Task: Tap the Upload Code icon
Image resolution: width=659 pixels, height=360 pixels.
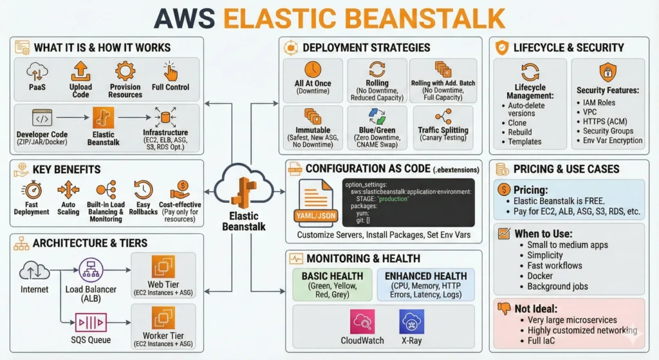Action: pyautogui.click(x=80, y=71)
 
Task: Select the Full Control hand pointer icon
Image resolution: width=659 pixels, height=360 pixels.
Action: pyautogui.click(x=170, y=71)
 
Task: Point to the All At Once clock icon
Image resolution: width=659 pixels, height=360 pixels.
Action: pyautogui.click(x=313, y=70)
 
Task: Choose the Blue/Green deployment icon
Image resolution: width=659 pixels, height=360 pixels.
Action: pyautogui.click(x=376, y=117)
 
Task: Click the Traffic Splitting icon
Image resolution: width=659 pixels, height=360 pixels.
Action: pyautogui.click(x=443, y=117)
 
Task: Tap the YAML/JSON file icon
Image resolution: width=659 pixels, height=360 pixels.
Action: pyautogui.click(x=317, y=202)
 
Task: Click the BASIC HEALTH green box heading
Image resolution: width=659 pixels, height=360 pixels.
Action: pyautogui.click(x=332, y=276)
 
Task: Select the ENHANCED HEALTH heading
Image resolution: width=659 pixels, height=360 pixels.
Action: pyautogui.click(x=425, y=276)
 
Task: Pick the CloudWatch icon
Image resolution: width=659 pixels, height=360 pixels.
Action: pyautogui.click(x=362, y=321)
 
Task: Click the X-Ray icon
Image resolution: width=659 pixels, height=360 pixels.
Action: pyautogui.click(x=411, y=321)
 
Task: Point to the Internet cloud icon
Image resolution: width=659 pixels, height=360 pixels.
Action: pyautogui.click(x=35, y=270)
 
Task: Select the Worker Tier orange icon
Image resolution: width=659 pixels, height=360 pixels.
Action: pyautogui.click(x=163, y=317)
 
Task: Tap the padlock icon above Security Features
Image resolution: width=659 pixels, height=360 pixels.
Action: pyautogui.click(x=608, y=71)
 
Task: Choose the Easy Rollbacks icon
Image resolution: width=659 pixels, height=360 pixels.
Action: pyautogui.click(x=143, y=190)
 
